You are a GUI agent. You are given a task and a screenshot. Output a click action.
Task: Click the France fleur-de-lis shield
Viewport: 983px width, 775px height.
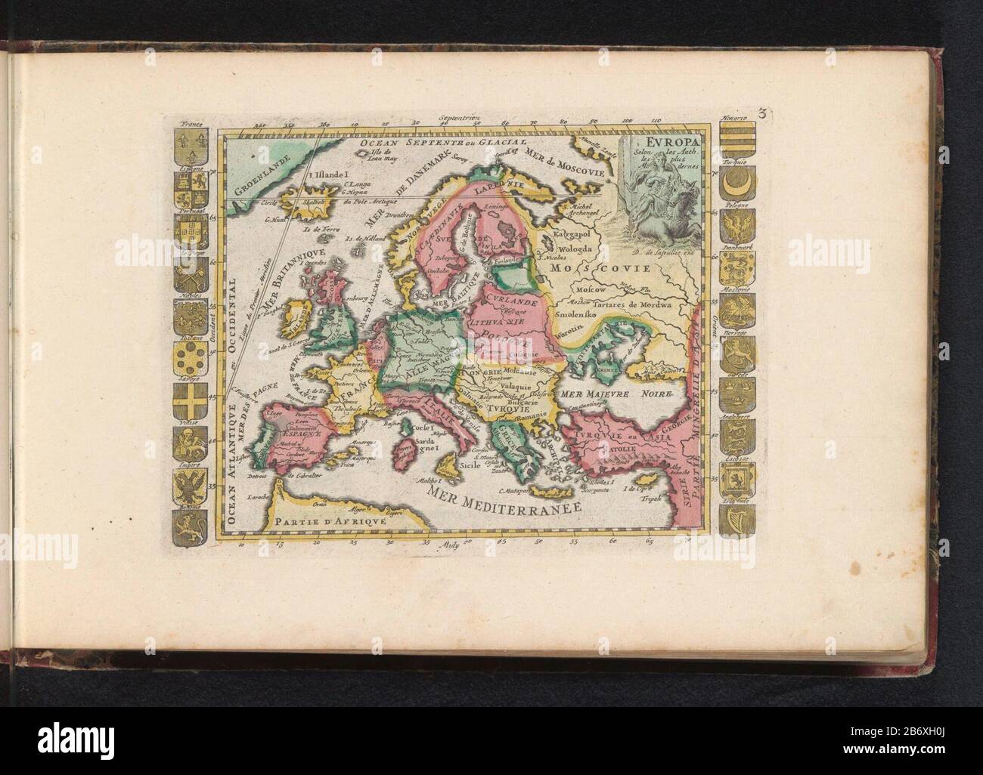[x=188, y=140]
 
